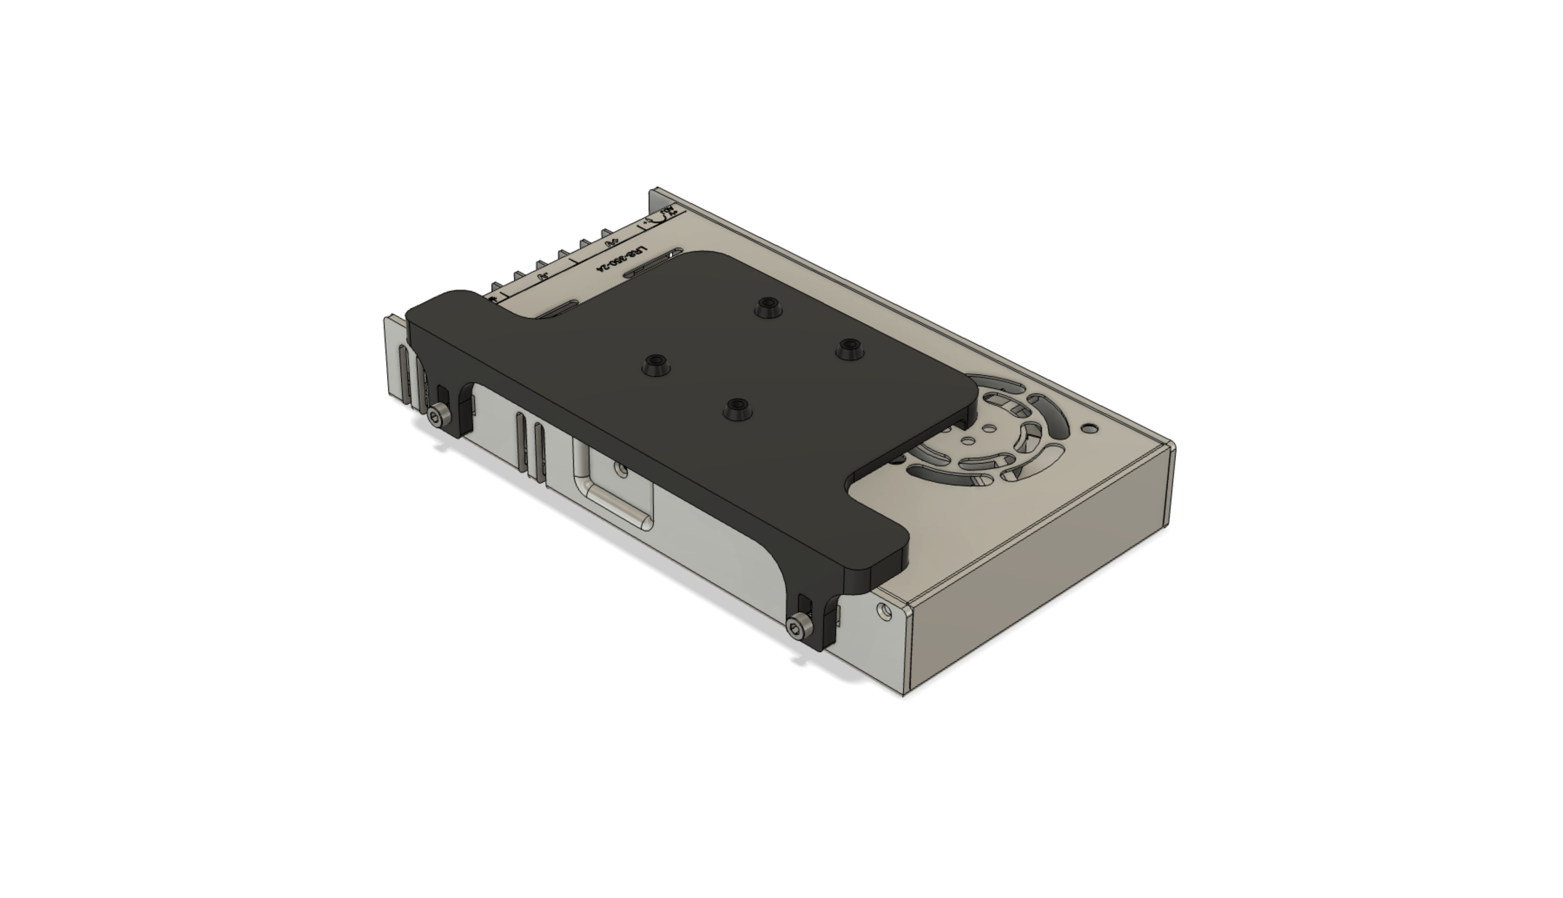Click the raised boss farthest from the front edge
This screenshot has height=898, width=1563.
768,307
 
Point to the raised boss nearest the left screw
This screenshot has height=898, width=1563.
656,364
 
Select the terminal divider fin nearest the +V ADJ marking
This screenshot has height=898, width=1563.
607,234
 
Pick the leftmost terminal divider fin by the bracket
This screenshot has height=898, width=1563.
495,287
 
